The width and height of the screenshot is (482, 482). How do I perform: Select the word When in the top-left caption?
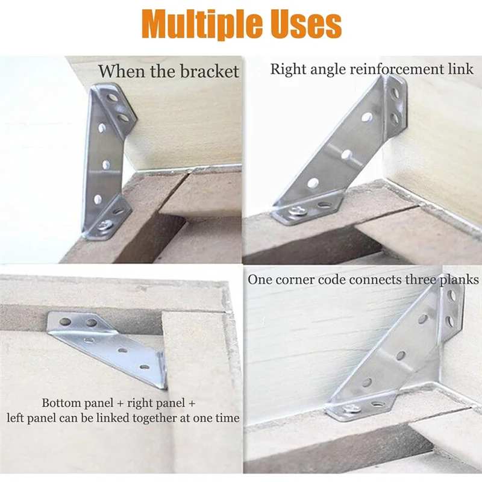coord(116,71)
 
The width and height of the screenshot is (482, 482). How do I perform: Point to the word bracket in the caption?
coord(210,71)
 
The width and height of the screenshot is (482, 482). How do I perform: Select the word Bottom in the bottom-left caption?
coord(60,402)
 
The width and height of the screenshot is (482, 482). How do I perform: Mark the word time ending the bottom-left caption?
coord(227,418)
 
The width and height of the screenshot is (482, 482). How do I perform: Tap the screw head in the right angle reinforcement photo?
coord(299,211)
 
